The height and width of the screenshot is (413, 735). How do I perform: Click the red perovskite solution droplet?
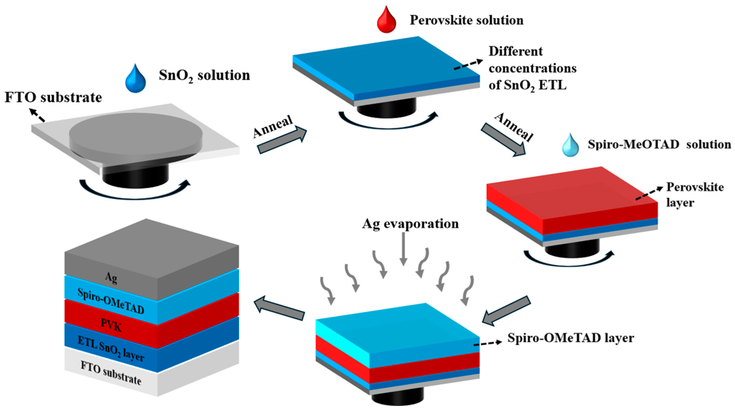pyautogui.click(x=387, y=21)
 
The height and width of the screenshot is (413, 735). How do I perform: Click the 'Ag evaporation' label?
pyautogui.click(x=410, y=224)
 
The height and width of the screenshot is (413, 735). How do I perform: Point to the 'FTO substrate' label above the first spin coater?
pyautogui.click(x=53, y=98)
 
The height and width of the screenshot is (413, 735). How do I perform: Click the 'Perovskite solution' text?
pyautogui.click(x=466, y=20)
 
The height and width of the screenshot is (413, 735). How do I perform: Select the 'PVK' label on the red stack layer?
pyautogui.click(x=111, y=325)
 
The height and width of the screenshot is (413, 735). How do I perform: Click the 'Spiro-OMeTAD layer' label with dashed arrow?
pyautogui.click(x=571, y=338)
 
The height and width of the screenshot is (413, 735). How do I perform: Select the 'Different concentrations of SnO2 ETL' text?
pyautogui.click(x=532, y=69)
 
